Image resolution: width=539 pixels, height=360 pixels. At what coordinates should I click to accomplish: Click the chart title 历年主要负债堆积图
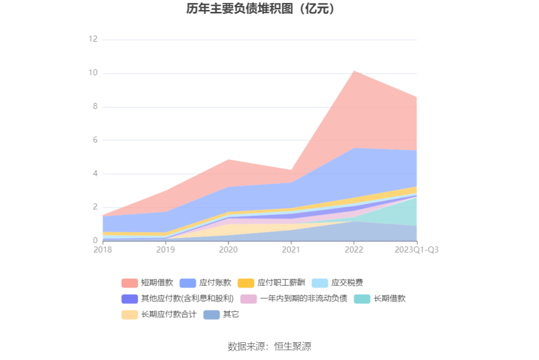point(260,9)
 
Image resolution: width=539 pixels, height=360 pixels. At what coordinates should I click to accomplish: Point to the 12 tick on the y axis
point(93,39)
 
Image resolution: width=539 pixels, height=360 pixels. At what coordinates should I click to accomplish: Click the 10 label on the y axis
point(93,73)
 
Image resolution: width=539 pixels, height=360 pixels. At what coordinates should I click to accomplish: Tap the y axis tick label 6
point(95,140)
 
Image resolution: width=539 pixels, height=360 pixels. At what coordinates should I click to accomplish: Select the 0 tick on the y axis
point(95,240)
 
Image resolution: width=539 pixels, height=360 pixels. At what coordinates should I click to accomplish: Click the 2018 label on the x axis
point(103,250)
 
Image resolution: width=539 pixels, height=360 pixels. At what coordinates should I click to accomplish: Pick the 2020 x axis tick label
point(228,250)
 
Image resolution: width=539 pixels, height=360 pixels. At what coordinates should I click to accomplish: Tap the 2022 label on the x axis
point(353,250)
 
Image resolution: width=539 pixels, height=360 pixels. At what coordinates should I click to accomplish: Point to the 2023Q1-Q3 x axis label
point(416,250)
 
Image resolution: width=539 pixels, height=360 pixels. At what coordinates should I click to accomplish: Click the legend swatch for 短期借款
point(130,283)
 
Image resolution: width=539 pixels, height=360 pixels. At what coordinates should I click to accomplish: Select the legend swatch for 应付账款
point(188,283)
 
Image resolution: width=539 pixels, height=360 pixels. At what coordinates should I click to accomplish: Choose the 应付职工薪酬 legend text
point(281,283)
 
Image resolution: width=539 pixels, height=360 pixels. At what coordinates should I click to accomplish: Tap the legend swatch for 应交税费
point(320,283)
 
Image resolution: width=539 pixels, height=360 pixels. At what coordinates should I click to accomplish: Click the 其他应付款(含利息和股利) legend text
point(187,299)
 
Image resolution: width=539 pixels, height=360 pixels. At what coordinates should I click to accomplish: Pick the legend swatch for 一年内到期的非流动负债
point(248,299)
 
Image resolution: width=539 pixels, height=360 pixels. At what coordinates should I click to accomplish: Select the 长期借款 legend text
point(390,299)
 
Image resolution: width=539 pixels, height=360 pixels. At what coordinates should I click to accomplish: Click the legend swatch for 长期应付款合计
point(130,315)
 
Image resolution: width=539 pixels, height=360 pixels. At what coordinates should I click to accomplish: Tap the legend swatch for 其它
point(211,315)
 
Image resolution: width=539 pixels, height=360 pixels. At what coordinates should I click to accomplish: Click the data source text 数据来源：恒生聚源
point(269,346)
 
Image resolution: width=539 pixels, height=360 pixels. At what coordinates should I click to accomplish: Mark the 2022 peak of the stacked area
point(353,71)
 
